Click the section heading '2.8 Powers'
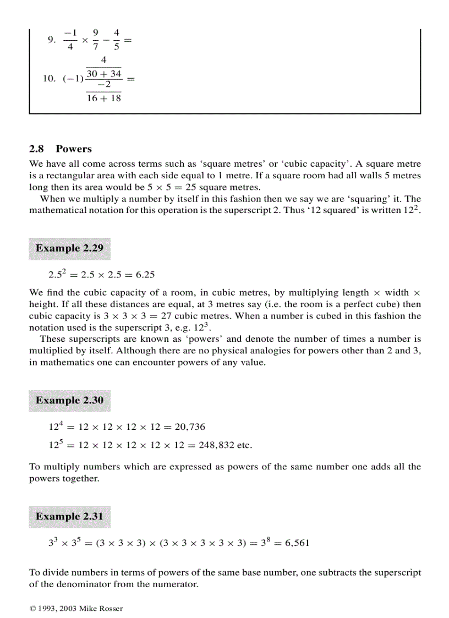tap(61, 149)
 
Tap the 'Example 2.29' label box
tap(69, 248)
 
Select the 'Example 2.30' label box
tap(69, 400)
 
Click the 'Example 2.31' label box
tap(69, 516)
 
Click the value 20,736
tap(190, 426)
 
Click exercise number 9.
tap(51, 40)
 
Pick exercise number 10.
tap(50, 79)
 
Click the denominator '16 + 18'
tap(103, 99)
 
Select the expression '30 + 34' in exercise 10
tap(103, 73)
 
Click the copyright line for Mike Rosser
tap(76, 608)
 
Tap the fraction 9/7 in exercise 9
tap(96, 39)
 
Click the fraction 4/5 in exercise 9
tap(116, 39)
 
